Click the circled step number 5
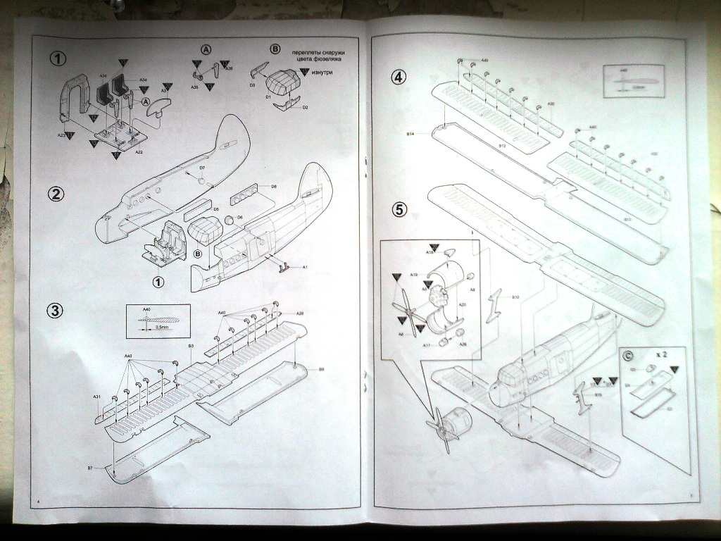(x=399, y=209)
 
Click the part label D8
(x=273, y=186)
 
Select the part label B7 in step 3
(x=90, y=468)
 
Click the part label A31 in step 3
(x=97, y=397)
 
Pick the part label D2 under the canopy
(x=305, y=108)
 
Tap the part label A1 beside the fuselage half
(x=305, y=267)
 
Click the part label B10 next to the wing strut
(x=515, y=297)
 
